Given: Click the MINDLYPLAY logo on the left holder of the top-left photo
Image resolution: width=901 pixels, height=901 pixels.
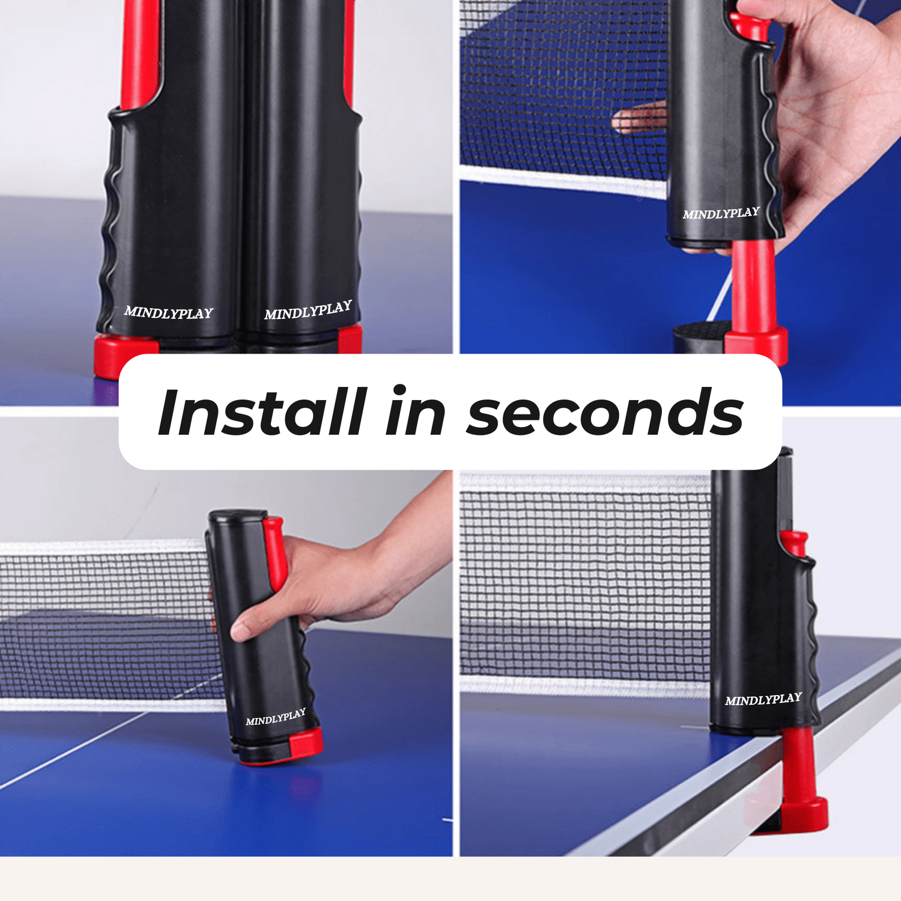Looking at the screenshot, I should coord(169,312).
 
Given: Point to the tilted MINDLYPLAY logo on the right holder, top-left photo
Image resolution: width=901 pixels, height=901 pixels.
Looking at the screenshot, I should coord(308,311).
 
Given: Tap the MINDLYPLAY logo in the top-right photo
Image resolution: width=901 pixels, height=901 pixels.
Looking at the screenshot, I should coord(721,213).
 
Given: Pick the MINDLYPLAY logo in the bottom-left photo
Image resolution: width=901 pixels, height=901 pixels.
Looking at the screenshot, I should coord(276,717).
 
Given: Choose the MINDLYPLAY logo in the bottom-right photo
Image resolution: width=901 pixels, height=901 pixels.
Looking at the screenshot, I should coord(763,700).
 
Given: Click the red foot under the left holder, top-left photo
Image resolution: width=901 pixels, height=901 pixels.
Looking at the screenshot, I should coord(120,354).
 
